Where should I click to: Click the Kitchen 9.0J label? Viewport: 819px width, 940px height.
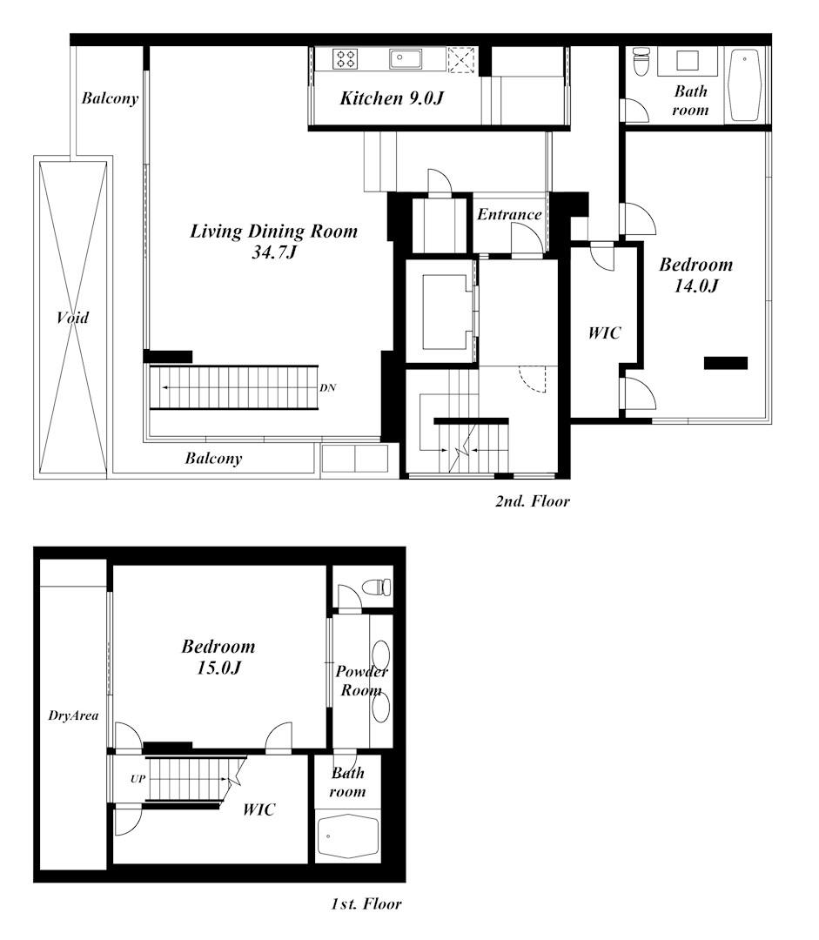click(392, 98)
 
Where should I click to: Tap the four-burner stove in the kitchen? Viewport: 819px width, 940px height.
click(346, 59)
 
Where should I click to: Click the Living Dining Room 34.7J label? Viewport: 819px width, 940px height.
click(274, 241)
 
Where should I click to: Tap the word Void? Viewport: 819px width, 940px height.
click(72, 318)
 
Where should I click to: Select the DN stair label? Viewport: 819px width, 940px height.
click(327, 387)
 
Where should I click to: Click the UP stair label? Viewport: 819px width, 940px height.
click(138, 778)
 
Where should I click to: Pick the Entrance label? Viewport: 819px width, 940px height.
click(510, 214)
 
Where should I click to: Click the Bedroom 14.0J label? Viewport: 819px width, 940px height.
click(695, 274)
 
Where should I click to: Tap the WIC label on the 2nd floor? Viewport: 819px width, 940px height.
click(605, 332)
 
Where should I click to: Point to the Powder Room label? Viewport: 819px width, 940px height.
click(361, 681)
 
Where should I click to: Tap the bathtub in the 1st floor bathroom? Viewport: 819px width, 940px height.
click(348, 837)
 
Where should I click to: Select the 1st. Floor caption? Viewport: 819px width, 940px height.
click(366, 903)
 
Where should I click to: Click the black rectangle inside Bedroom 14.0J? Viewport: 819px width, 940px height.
click(726, 363)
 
